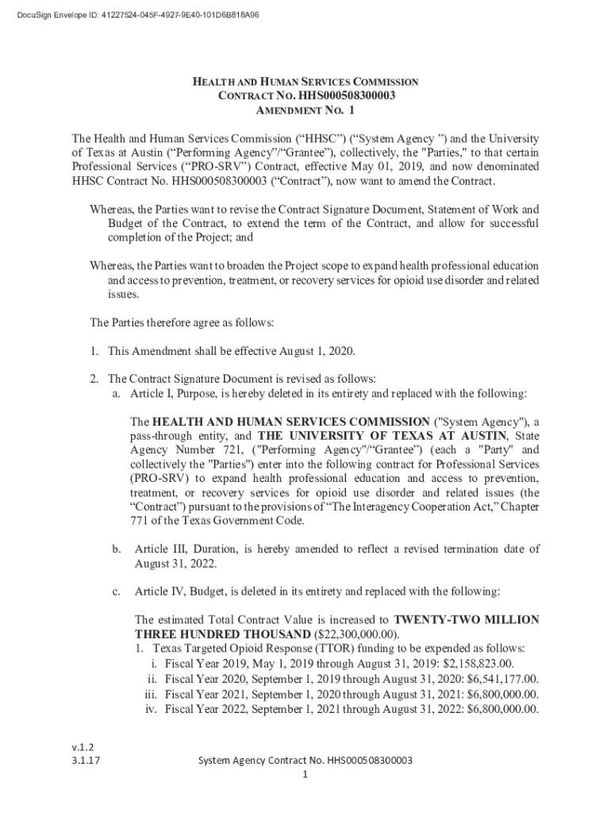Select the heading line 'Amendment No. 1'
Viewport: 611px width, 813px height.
point(305,110)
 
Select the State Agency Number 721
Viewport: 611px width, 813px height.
point(232,449)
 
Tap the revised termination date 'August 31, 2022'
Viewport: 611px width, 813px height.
point(175,563)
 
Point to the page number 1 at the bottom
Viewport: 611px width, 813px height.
point(305,774)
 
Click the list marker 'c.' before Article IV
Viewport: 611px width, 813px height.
point(117,591)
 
